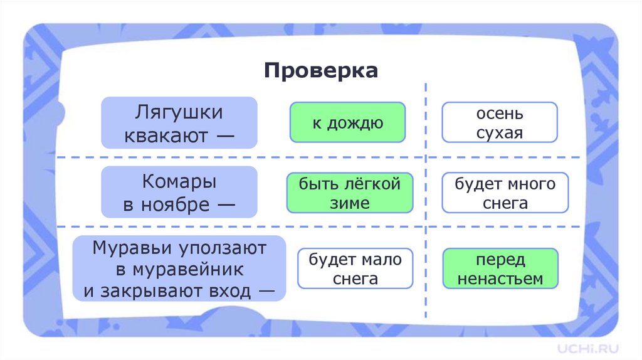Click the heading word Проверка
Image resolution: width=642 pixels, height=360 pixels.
coord(320,70)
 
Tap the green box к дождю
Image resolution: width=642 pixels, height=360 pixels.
coord(347,122)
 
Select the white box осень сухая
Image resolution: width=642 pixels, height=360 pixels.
coord(499,122)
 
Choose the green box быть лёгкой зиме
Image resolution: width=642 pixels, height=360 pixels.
coord(349,193)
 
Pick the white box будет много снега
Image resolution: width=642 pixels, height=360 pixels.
coord(505,193)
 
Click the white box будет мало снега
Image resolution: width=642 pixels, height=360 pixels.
coord(355,268)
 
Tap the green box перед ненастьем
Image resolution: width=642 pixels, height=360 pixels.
coord(500,268)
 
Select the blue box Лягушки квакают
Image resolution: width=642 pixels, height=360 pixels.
coord(179,123)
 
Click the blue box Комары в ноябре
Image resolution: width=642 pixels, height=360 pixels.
coord(179,193)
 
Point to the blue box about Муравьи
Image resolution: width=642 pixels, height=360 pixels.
coord(179,269)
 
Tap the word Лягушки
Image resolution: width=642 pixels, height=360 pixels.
coord(179,113)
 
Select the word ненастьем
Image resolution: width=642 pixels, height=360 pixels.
coord(500,278)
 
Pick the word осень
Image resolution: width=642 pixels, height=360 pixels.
coord(499,114)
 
